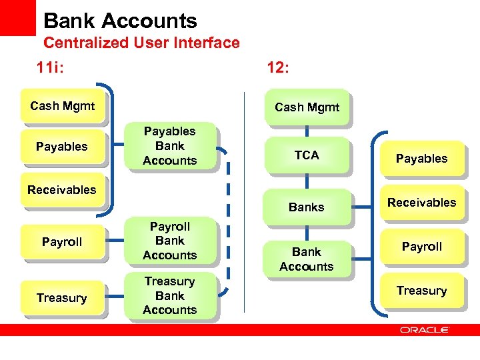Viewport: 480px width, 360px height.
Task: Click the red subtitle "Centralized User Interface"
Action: [x=141, y=43]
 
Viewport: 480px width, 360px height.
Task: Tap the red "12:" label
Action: [x=277, y=67]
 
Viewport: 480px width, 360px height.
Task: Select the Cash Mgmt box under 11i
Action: [x=62, y=106]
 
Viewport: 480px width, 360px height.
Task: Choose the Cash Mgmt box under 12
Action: [x=307, y=107]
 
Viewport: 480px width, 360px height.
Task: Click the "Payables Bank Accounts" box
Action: [x=169, y=146]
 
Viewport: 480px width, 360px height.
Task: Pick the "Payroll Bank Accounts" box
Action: [x=169, y=241]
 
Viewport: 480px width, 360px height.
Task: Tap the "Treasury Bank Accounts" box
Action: [x=169, y=296]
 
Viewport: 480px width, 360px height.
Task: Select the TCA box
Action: [x=307, y=155]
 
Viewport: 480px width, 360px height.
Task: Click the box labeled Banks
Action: [x=307, y=207]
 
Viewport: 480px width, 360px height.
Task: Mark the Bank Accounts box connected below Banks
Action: [x=307, y=259]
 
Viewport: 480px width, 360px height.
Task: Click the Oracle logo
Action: [x=424, y=329]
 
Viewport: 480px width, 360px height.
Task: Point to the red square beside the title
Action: [x=17, y=17]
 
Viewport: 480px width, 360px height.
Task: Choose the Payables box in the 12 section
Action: [x=421, y=159]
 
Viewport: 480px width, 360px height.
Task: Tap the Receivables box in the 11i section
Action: [x=62, y=190]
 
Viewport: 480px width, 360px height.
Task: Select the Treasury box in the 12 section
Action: [x=421, y=291]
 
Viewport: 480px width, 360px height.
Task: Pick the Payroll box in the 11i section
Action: [x=62, y=242]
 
